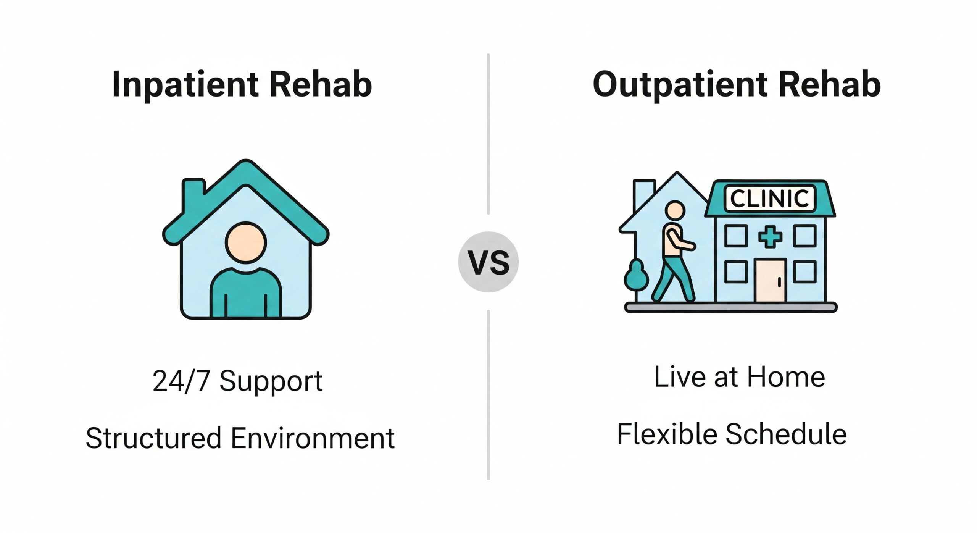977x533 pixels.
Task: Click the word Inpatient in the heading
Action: pyautogui.click(x=185, y=85)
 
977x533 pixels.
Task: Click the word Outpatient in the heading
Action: pyautogui.click(x=680, y=85)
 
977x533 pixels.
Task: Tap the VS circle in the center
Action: pyautogui.click(x=488, y=262)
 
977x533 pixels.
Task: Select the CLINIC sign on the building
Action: pyautogui.click(x=769, y=199)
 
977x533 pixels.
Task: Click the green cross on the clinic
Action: pyautogui.click(x=770, y=237)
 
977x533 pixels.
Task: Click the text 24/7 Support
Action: pyautogui.click(x=237, y=381)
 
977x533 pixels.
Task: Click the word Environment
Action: pyautogui.click(x=313, y=438)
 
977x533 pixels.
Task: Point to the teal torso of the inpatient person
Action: pyautogui.click(x=246, y=294)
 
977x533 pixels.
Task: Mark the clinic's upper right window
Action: pyautogui.click(x=805, y=236)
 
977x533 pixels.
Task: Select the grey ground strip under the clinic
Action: pyautogui.click(x=731, y=307)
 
